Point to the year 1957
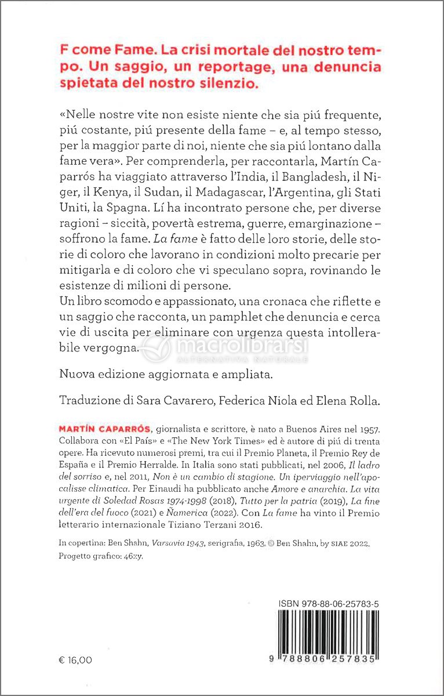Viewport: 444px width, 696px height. click(369, 429)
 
